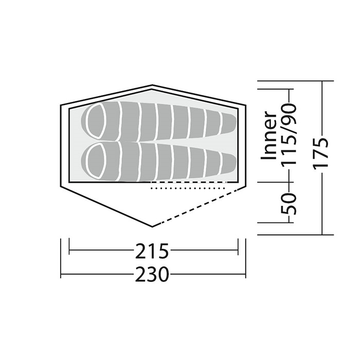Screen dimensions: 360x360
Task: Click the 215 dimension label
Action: [x=152, y=251]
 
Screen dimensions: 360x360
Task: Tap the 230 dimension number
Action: [x=152, y=274]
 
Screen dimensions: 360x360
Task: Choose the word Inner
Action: [x=268, y=135]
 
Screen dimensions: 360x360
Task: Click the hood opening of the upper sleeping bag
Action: [x=96, y=120]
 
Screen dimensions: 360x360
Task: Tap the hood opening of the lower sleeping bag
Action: [x=96, y=161]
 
